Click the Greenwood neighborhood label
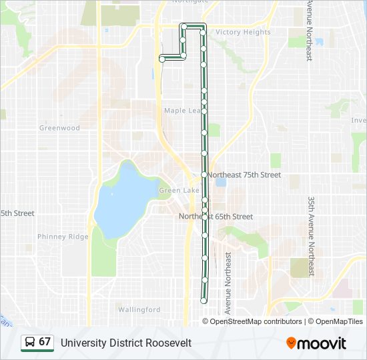tap(59, 128)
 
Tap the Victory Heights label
tap(243, 32)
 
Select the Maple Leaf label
tap(181, 111)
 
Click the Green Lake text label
tap(179, 191)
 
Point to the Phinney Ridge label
tap(63, 237)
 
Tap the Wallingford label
tap(139, 309)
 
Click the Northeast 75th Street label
tap(244, 175)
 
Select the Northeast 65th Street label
tap(216, 217)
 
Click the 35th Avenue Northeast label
tap(311, 237)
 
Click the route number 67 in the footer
tap(45, 342)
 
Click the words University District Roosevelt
tap(126, 343)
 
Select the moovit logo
tap(316, 343)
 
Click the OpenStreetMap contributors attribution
tap(252, 321)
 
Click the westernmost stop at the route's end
tap(162, 59)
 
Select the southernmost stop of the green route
tap(204, 301)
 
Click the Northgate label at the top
tap(190, 2)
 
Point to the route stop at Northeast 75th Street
tap(204, 175)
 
